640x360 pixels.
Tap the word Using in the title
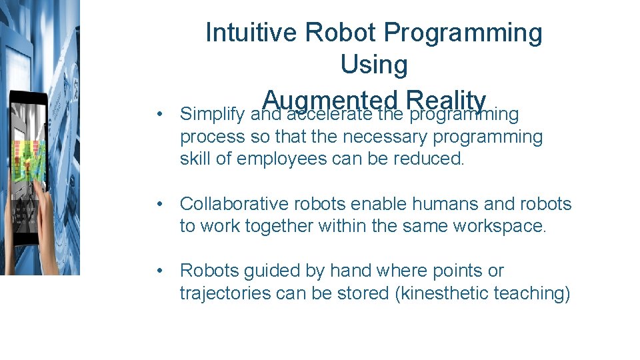point(373,65)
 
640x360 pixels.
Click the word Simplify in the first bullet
point(213,115)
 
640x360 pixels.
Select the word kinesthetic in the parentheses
point(445,293)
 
